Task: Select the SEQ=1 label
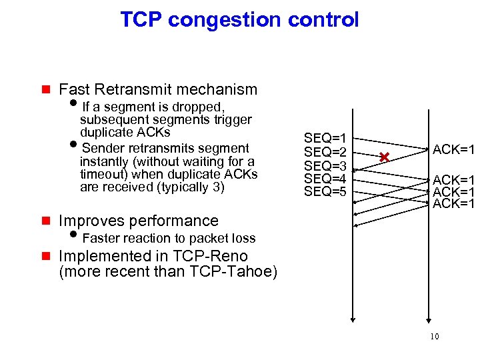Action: [325, 138]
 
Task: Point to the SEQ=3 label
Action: [325, 165]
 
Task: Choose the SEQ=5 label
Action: [325, 192]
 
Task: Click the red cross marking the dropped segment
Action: [383, 157]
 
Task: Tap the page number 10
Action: [434, 337]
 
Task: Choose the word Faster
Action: [102, 238]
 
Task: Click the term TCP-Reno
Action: [210, 256]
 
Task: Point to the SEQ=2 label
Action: [325, 152]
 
